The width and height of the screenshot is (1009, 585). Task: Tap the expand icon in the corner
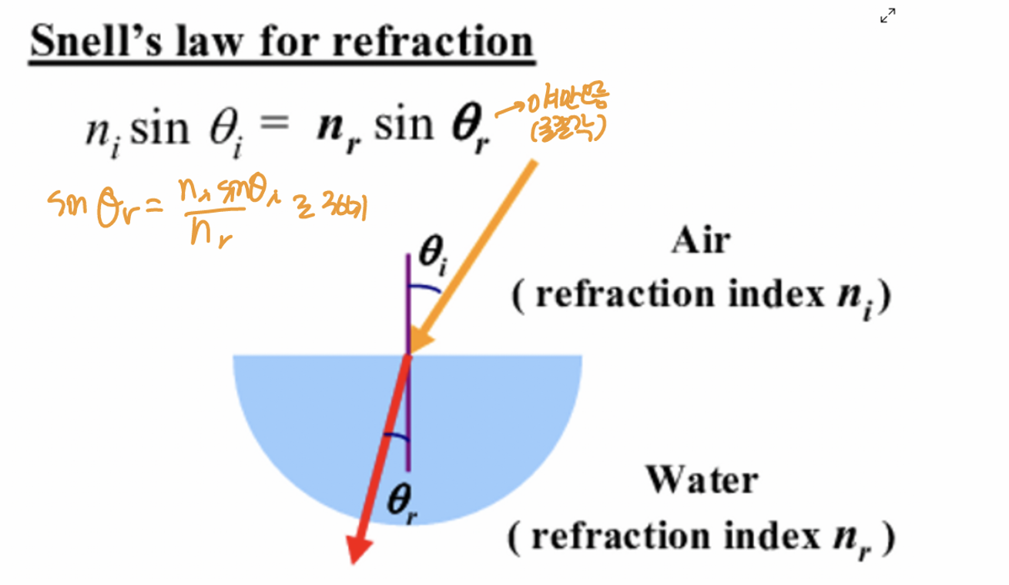(887, 16)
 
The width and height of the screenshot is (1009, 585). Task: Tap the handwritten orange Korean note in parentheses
(565, 129)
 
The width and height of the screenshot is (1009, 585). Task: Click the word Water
(701, 480)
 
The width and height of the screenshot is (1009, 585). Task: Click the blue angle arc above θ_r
(395, 437)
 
